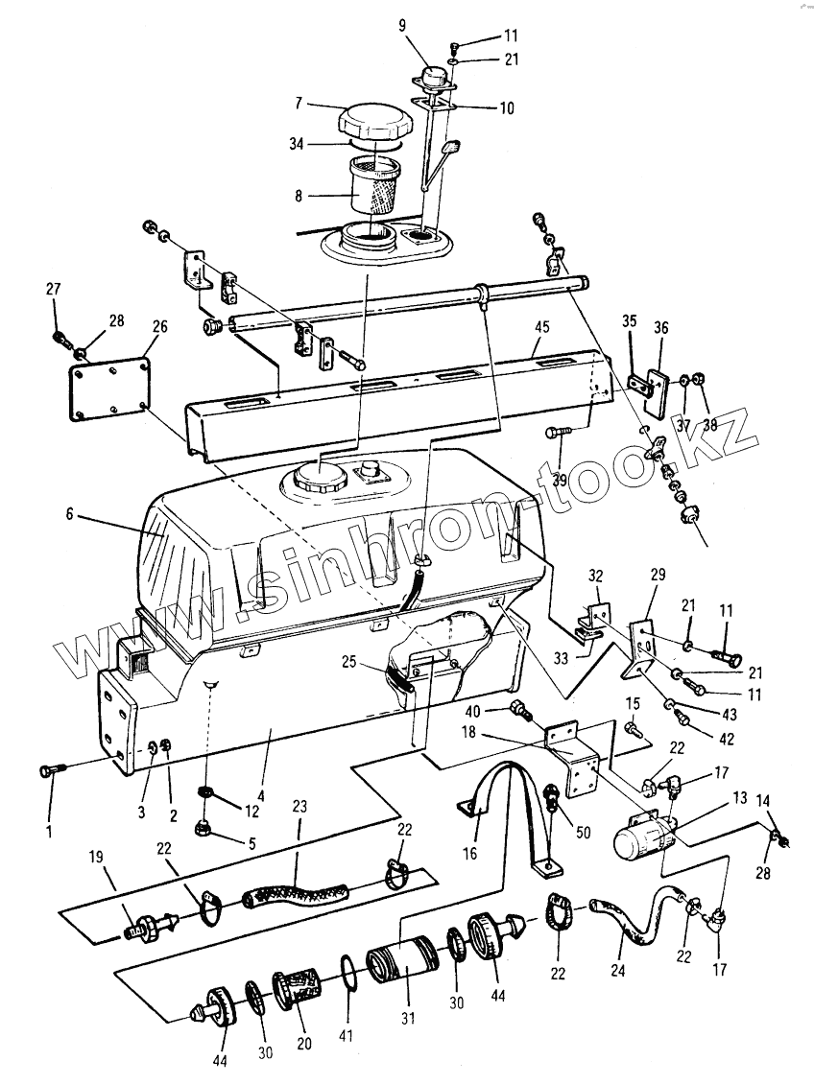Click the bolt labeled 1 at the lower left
[50, 769]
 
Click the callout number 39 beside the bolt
[560, 479]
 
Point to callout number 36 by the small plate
[661, 327]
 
